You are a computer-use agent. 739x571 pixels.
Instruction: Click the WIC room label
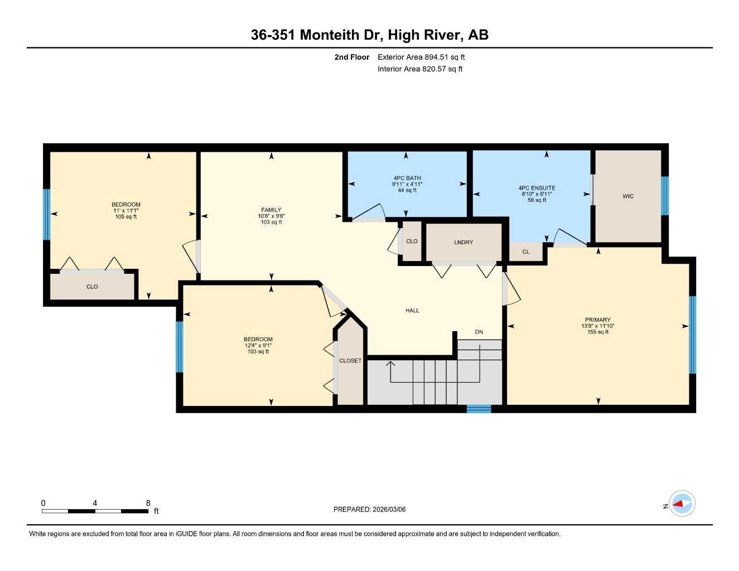(628, 196)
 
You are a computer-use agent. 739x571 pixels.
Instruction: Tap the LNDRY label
(463, 242)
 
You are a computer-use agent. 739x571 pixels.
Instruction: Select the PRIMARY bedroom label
(598, 320)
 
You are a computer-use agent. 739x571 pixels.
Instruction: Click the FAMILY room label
(271, 210)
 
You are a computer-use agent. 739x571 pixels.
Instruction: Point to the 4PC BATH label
(407, 178)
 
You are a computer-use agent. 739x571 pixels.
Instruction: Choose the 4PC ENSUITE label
(537, 188)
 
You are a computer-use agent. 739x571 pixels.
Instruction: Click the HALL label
(412, 311)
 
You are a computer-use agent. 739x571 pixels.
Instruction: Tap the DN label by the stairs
(479, 332)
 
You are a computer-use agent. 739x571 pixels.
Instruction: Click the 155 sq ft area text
(598, 332)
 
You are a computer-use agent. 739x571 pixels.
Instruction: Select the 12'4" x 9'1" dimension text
(258, 346)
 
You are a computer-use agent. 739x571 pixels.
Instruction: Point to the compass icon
(682, 504)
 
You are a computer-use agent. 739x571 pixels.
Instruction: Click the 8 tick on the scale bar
(148, 503)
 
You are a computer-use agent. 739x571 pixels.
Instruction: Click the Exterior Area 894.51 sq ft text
(421, 57)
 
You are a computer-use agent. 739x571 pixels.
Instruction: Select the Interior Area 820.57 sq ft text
(420, 69)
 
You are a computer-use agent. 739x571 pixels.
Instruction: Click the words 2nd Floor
(352, 57)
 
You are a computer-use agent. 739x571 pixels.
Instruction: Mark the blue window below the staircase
(479, 409)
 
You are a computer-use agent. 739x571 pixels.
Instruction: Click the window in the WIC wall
(665, 196)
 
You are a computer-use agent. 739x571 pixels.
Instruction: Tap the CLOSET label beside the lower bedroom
(350, 361)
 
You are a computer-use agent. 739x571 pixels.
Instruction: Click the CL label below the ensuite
(526, 252)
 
